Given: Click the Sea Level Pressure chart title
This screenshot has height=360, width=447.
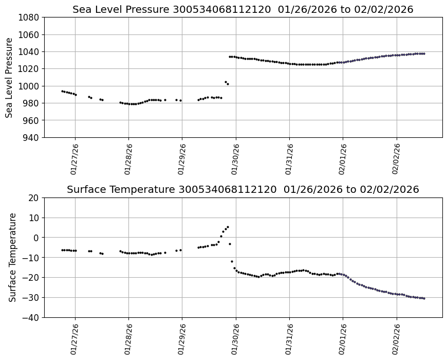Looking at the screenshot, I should (x=243, y=10).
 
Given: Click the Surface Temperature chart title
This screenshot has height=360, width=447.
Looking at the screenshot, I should (x=243, y=190).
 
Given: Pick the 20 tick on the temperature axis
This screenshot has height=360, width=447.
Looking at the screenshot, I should (x=34, y=198).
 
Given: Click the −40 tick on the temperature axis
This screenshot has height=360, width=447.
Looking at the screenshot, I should (x=32, y=317).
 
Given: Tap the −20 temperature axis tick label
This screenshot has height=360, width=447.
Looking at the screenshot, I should (x=32, y=278).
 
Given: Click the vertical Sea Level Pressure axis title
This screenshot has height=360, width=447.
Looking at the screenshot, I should (x=10, y=77).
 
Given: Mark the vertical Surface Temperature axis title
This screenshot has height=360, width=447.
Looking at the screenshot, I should (x=12, y=257).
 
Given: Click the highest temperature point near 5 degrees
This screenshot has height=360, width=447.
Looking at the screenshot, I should (x=228, y=227).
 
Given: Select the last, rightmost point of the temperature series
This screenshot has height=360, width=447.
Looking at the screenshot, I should (x=424, y=298).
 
